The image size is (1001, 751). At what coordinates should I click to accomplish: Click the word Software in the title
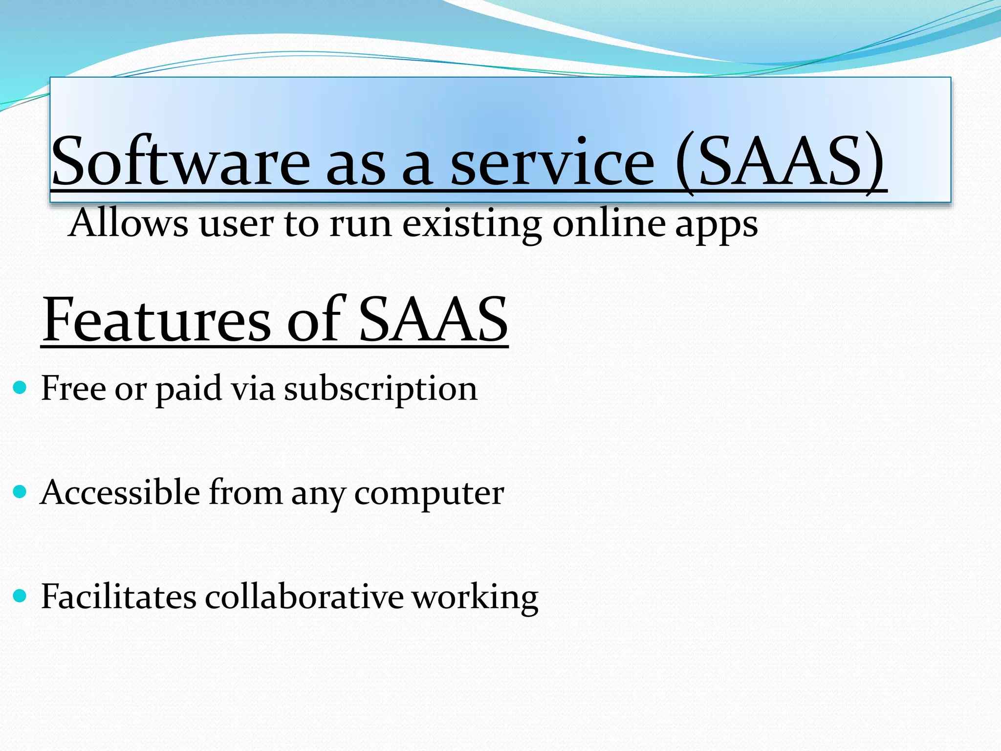click(181, 161)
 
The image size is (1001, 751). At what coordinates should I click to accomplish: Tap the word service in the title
click(552, 161)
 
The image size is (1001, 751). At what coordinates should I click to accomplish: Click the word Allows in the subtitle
click(128, 223)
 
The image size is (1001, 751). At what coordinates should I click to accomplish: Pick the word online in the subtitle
click(609, 223)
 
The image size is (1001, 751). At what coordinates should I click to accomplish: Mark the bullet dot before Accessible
click(20, 492)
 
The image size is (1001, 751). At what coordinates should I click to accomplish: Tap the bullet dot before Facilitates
click(20, 596)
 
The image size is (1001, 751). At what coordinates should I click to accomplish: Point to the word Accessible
click(120, 492)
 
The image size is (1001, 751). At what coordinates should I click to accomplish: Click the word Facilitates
click(118, 596)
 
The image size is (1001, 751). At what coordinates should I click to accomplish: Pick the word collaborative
click(304, 596)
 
